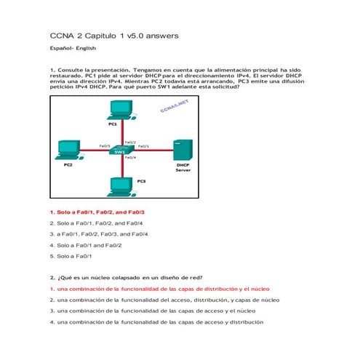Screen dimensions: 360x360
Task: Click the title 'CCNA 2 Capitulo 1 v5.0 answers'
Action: (x=113, y=36)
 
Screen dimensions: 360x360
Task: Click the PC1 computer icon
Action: (x=120, y=110)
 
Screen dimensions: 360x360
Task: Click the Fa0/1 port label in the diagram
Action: (x=143, y=146)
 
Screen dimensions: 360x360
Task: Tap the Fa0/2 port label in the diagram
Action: (x=130, y=142)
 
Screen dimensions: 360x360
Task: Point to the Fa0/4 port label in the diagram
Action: (x=130, y=158)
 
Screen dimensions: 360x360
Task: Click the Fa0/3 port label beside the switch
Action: (x=105, y=146)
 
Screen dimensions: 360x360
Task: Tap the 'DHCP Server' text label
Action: (x=183, y=168)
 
